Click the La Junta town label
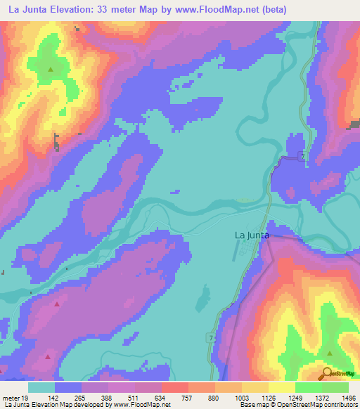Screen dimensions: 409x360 coord(251,236)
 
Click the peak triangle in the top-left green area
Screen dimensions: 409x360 coord(50,70)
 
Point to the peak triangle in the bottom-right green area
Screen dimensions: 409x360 coord(329,353)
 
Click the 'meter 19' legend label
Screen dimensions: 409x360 coord(14,398)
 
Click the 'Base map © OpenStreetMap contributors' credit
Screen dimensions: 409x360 coord(297,405)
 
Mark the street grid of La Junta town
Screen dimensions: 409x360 coord(247,253)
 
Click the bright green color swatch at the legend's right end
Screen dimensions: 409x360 coord(335,387)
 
